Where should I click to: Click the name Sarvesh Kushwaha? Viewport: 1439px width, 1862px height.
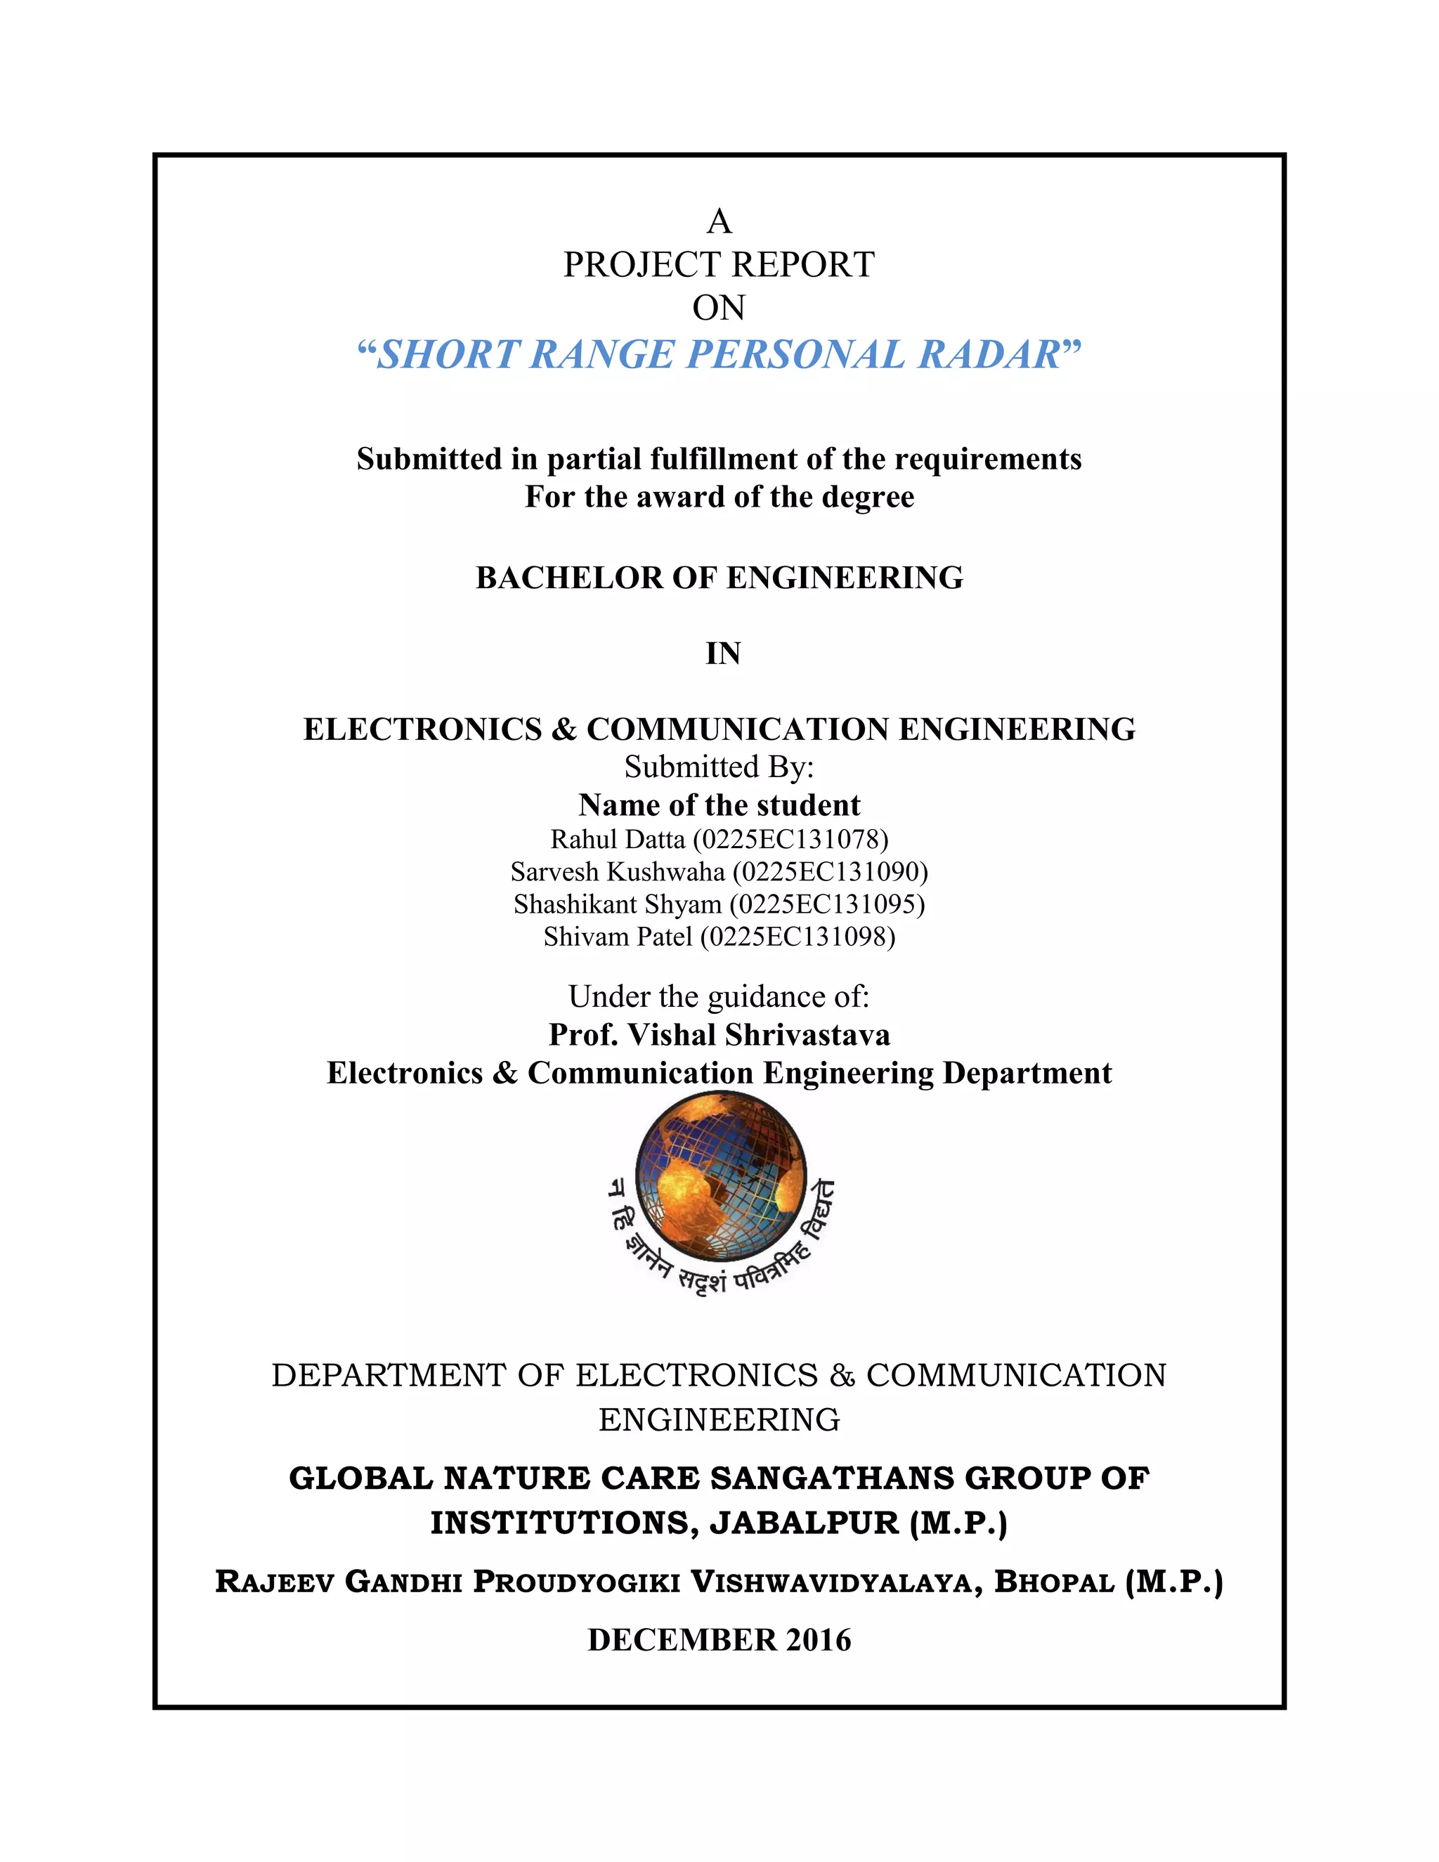(x=617, y=872)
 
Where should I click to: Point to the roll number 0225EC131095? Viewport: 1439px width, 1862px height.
(x=827, y=904)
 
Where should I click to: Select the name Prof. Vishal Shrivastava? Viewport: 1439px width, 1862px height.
(x=719, y=1035)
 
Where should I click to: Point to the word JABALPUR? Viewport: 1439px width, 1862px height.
(x=805, y=1523)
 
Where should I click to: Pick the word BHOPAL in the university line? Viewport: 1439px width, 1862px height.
(x=1055, y=1582)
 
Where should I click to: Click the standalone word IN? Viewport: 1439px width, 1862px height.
(x=722, y=654)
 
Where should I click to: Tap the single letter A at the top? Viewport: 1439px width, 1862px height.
(x=719, y=221)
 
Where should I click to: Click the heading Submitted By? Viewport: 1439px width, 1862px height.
(x=719, y=767)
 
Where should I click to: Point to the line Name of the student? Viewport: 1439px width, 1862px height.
(x=719, y=805)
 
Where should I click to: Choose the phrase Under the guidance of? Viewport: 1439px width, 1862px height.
(x=719, y=996)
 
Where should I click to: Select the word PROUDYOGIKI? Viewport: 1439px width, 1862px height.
(x=576, y=1582)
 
